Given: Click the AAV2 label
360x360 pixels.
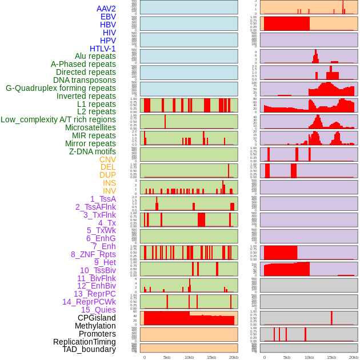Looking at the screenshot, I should (x=106, y=9).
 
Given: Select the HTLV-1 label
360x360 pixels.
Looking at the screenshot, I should (x=102, y=49).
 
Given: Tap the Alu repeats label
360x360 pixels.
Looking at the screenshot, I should (x=95, y=56).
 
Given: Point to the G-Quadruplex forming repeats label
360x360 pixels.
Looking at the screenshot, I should (x=61, y=88).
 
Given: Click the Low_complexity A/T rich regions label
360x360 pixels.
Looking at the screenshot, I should (x=58, y=119).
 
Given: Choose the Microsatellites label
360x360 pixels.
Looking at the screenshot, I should (x=90, y=127).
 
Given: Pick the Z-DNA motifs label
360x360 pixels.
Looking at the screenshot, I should (x=92, y=151).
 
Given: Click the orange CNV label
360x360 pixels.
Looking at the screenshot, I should (x=107, y=159).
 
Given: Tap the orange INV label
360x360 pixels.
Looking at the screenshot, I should (x=109, y=191).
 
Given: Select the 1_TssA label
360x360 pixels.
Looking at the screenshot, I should (x=103, y=199).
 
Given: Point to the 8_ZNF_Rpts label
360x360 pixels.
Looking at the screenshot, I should (x=93, y=254).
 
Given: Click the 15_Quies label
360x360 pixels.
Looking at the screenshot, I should (x=98, y=310).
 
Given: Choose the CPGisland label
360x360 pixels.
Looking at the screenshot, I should (x=97, y=318).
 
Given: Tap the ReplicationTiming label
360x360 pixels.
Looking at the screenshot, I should (x=84, y=342).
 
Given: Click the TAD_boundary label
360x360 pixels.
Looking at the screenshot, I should (x=89, y=349).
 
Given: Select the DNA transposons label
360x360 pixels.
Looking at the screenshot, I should (x=85, y=80).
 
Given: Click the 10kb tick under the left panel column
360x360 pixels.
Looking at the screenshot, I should (x=189, y=357).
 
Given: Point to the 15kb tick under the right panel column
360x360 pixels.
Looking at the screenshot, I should (x=331, y=357).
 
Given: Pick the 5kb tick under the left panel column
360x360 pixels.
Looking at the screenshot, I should (x=167, y=357).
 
